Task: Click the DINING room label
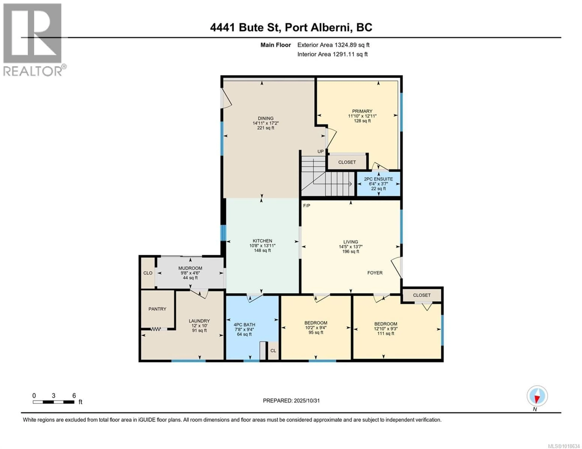265,118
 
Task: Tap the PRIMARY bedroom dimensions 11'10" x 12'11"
362,116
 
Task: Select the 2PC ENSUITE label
378,179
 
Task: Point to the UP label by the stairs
320,151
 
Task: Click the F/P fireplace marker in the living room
306,206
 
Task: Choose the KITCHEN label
263,241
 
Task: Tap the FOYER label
375,273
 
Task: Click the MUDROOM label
190,268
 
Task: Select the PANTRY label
157,309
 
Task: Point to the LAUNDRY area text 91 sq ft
199,331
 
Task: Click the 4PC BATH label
244,325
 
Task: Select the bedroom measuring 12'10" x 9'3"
386,329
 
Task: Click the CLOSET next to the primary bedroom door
347,162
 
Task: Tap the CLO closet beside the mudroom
148,273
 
